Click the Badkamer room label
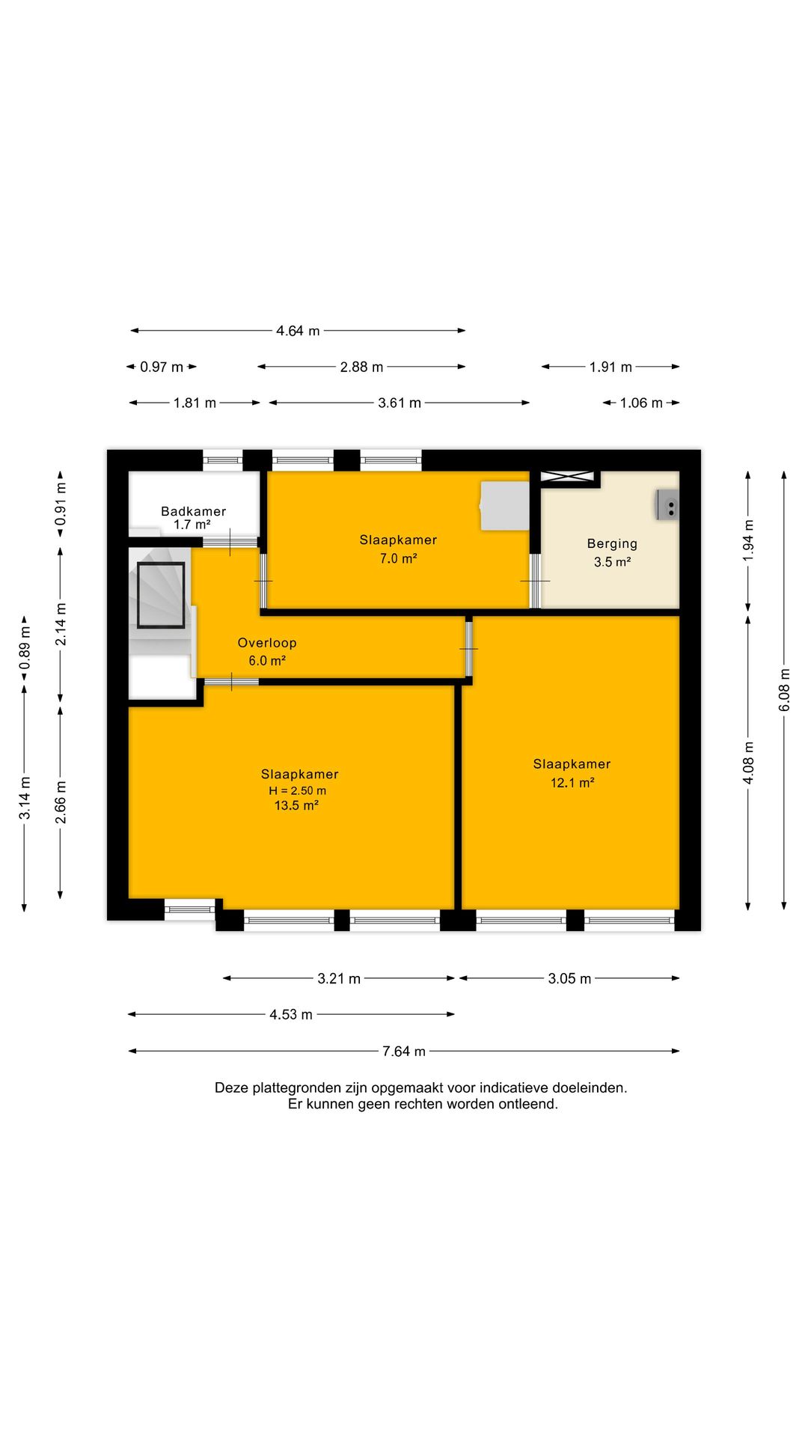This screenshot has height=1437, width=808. [x=193, y=511]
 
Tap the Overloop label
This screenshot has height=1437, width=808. [x=267, y=643]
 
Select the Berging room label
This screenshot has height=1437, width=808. [x=612, y=544]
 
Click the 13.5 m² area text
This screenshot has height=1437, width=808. [x=296, y=805]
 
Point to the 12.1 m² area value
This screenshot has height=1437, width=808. [x=572, y=783]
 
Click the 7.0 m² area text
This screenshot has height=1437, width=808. [x=398, y=558]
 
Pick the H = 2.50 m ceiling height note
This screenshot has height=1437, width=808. [x=297, y=790]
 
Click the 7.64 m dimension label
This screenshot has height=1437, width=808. [x=404, y=1052]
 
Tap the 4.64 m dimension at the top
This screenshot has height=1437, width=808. [x=298, y=331]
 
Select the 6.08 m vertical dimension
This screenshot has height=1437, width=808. [x=784, y=689]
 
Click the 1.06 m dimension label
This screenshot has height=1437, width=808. [x=641, y=403]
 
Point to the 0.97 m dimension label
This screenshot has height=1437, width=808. [x=162, y=367]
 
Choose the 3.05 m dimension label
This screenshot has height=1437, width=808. [x=569, y=979]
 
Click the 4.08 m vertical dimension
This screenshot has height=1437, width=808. [x=748, y=763]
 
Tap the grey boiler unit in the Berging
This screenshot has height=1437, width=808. [x=667, y=504]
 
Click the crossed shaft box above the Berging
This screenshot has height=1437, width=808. [x=567, y=476]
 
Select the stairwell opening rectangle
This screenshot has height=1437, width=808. [x=161, y=595]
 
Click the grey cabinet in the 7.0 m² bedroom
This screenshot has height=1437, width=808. [x=504, y=506]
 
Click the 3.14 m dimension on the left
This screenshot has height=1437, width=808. [x=25, y=798]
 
